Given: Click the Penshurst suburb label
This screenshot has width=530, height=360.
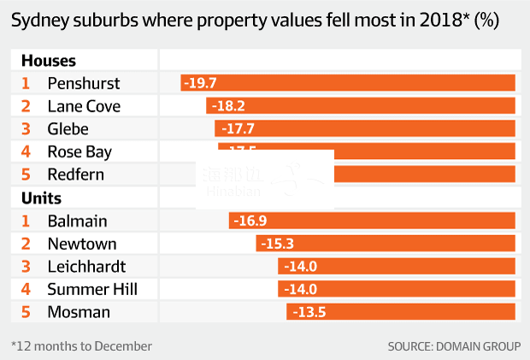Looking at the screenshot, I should [84, 83].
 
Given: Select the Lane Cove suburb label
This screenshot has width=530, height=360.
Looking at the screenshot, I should [84, 106].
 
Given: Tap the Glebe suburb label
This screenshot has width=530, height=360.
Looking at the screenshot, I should [68, 129].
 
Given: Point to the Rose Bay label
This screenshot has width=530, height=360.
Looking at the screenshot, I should [79, 151].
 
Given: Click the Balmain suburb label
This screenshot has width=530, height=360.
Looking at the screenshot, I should [76, 221].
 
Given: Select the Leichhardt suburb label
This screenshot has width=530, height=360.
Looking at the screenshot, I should [86, 266].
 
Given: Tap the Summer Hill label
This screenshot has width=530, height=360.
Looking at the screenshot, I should [92, 289].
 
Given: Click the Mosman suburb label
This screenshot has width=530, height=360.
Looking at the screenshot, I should [79, 312].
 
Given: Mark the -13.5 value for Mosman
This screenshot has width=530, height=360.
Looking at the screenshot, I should [309, 312].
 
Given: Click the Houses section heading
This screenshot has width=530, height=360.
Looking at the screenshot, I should [48, 61].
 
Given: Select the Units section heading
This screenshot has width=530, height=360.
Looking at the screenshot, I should [41, 198].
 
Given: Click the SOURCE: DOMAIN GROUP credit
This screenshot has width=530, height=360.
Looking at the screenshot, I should [453, 346].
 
